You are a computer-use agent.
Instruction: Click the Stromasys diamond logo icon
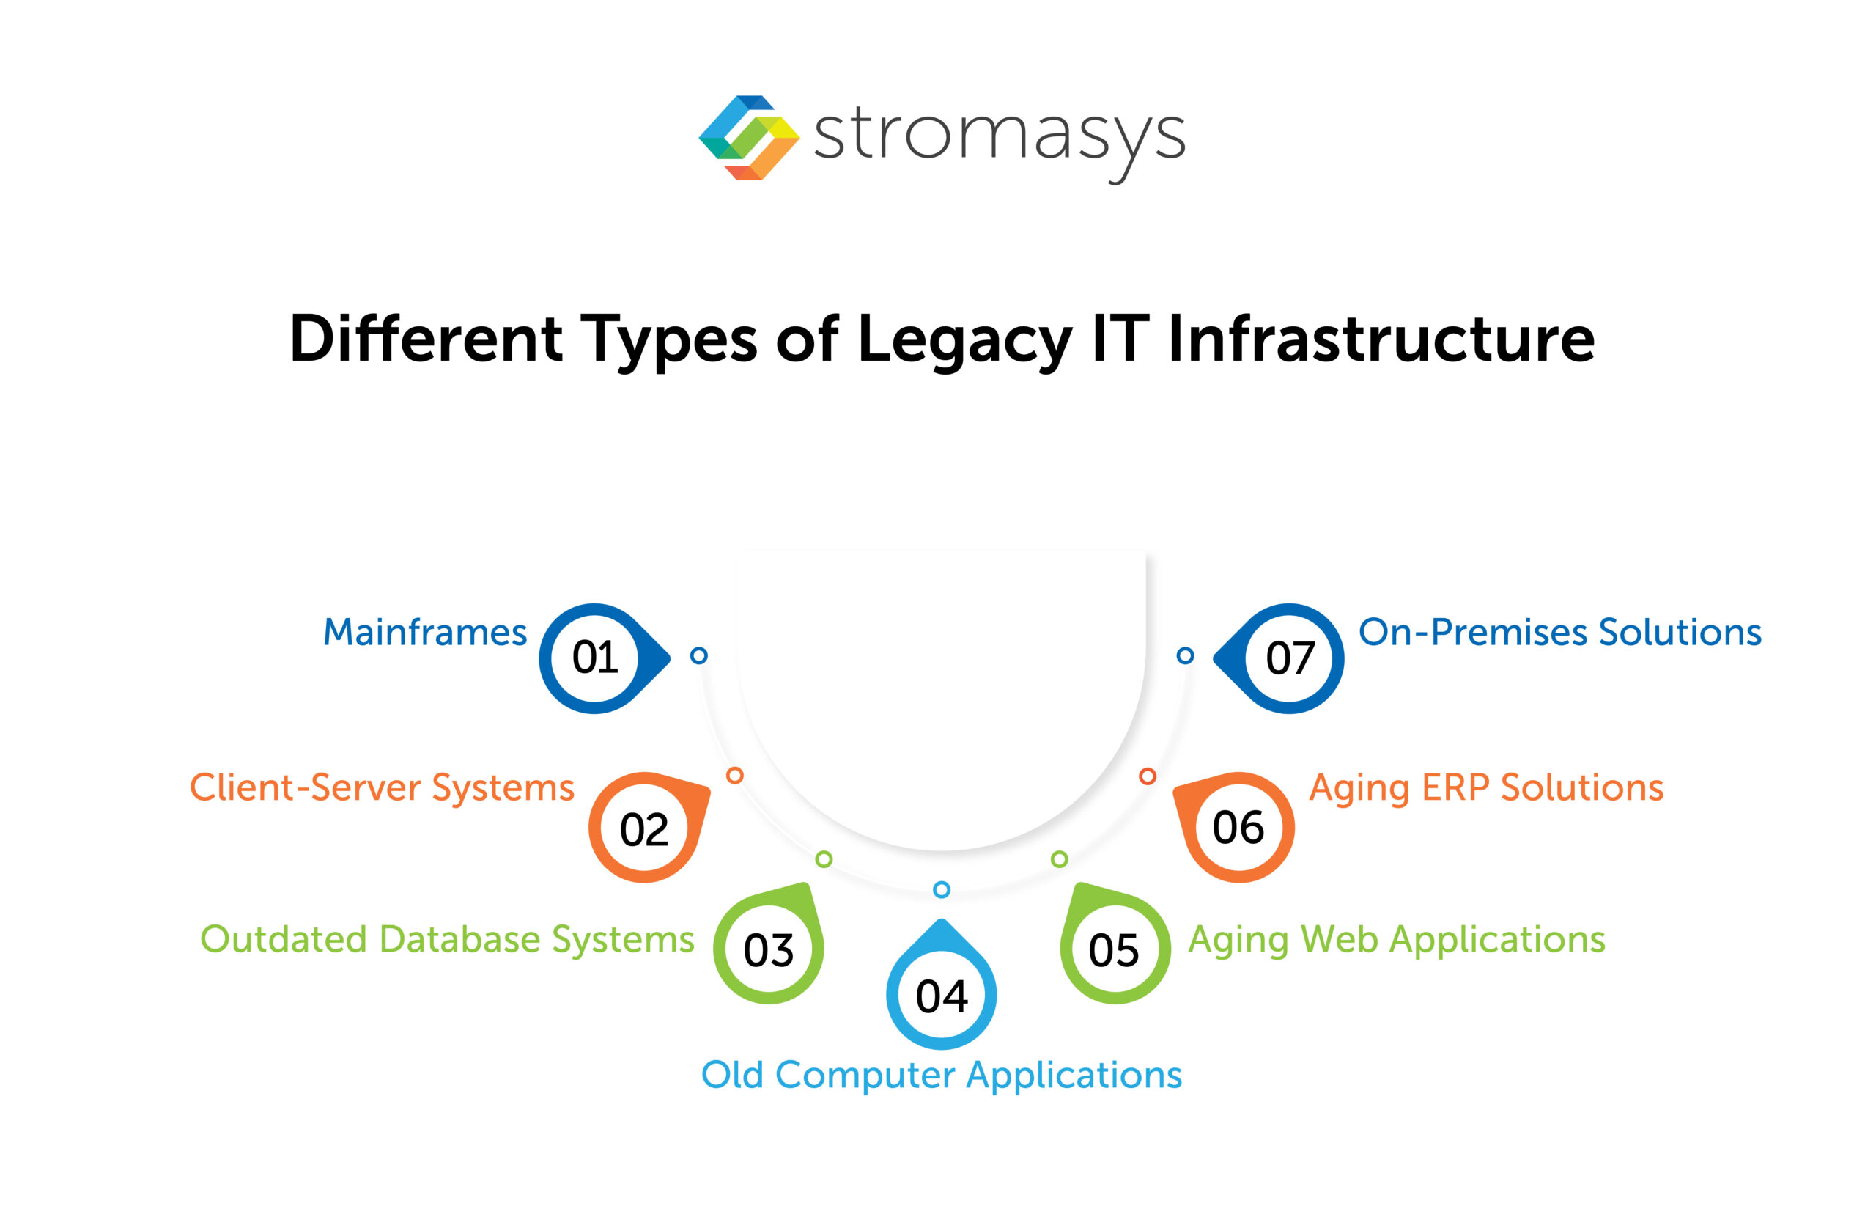click(748, 137)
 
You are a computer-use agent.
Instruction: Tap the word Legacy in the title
click(964, 339)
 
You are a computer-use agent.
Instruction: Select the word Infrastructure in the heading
click(1381, 339)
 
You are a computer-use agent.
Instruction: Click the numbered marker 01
click(596, 658)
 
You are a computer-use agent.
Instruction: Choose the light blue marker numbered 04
click(941, 996)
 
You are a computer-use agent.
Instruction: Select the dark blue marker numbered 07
click(1290, 658)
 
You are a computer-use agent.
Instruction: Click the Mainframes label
click(425, 633)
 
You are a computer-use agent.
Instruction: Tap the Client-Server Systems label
click(383, 788)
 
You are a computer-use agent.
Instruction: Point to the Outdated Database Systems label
click(447, 939)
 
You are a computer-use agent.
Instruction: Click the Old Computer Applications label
click(941, 1075)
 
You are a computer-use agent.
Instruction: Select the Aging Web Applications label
click(1396, 939)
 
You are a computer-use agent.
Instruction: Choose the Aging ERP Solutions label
click(1486, 788)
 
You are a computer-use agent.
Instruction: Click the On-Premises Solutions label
click(1560, 633)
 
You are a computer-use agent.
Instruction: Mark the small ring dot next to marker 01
click(698, 655)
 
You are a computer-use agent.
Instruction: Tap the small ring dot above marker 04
click(941, 889)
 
